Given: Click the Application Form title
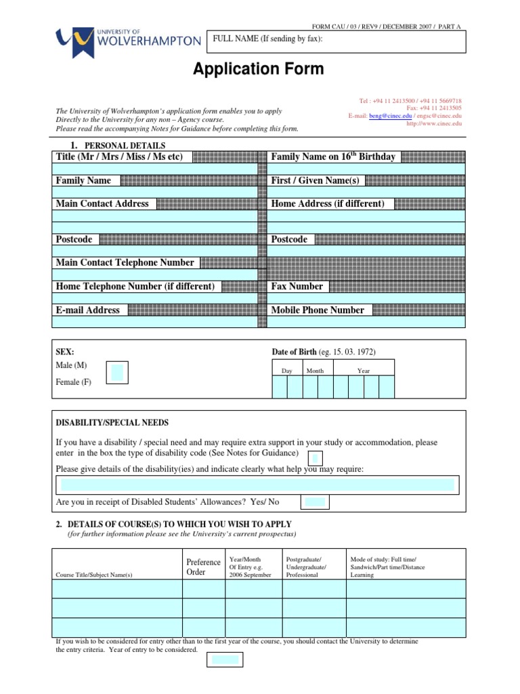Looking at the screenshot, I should (259, 68).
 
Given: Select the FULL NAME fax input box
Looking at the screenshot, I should (339, 41).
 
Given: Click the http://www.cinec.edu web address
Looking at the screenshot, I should (434, 124).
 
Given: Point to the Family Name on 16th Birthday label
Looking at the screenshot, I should (333, 157).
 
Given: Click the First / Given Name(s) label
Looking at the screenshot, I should (315, 180).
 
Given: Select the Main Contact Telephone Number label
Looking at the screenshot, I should (125, 262).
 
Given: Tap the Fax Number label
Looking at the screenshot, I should (297, 286).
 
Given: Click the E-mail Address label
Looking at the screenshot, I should (88, 310).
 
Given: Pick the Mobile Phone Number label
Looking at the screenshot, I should (318, 310).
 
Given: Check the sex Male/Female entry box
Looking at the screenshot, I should (117, 372).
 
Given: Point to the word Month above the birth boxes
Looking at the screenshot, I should (315, 371).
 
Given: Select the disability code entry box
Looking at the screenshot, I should (315, 459).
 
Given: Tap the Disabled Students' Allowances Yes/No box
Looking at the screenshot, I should (315, 502).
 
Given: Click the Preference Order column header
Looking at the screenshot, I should (203, 567).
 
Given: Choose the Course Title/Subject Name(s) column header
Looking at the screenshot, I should (94, 575).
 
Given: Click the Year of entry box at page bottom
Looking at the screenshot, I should (225, 659).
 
